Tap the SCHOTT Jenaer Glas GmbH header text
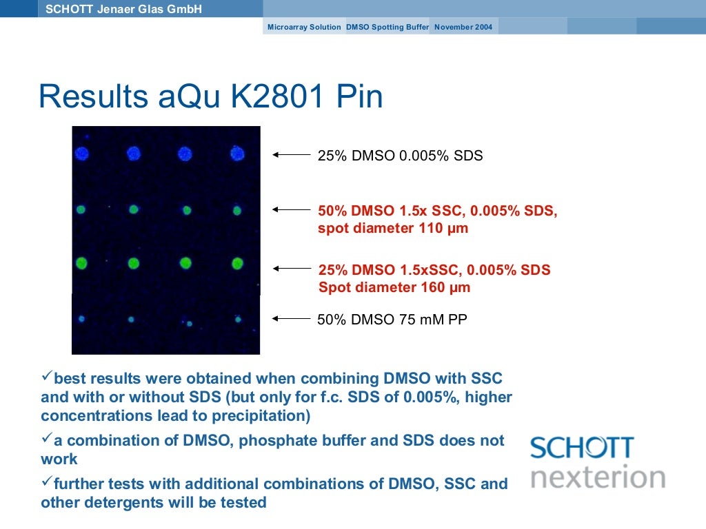tap(123, 9)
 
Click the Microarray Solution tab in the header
tap(304, 27)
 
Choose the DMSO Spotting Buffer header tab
tap(387, 27)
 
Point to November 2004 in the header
tap(463, 27)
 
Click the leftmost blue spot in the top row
tap(82, 154)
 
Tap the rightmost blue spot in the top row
tap(238, 154)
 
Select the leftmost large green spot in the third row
tap(82, 262)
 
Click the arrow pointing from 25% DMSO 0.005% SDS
tap(292, 155)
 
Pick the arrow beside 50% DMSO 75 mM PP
tap(292, 318)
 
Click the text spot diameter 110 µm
tap(393, 228)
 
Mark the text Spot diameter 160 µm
tap(394, 287)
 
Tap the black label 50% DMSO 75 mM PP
tap(392, 319)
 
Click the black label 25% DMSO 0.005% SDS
tap(400, 156)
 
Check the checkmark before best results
tap(46, 376)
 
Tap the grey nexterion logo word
tap(597, 477)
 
